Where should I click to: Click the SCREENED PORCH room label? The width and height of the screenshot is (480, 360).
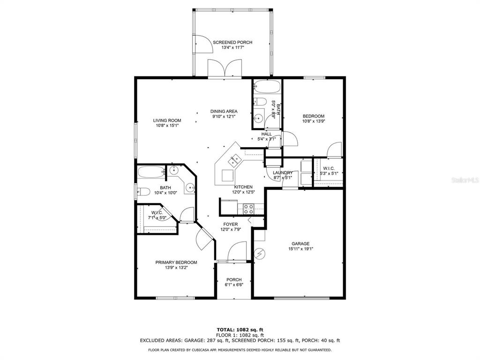click(232, 42)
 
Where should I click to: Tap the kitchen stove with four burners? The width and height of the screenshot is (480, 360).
click(248, 209)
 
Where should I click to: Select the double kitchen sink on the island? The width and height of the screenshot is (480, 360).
click(235, 159)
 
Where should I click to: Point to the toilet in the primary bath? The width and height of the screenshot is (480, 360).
click(143, 192)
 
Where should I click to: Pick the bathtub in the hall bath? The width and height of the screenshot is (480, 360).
click(267, 86)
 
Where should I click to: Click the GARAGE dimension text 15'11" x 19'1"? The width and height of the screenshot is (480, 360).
click(300, 249)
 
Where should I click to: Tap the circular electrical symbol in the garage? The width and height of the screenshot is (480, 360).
click(260, 254)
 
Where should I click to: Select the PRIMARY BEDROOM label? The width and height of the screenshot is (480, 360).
click(176, 262)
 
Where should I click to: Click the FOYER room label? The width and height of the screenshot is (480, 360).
click(231, 225)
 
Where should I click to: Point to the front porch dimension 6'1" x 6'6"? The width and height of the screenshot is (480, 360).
click(234, 285)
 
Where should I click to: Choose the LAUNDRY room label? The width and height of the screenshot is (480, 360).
click(283, 172)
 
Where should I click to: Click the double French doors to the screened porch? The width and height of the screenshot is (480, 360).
click(225, 68)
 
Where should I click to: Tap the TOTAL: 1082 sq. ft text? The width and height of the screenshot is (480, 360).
click(240, 330)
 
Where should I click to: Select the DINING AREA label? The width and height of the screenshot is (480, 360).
click(224, 112)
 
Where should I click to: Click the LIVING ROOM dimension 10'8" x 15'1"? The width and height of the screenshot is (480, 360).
click(167, 126)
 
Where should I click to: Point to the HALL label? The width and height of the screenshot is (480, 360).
click(267, 134)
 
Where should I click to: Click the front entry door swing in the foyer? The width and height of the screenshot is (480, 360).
click(237, 251)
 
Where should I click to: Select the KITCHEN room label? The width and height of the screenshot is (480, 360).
click(243, 187)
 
